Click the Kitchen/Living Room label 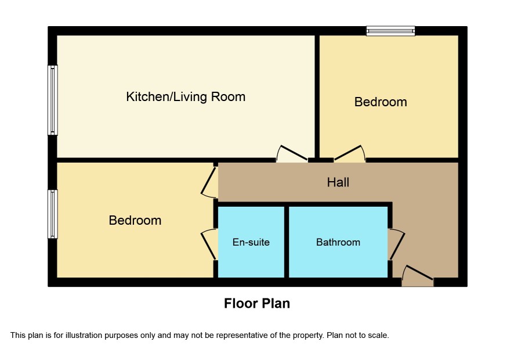pyautogui.click(x=186, y=97)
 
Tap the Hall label pyautogui.click(x=338, y=182)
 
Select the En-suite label pyautogui.click(x=251, y=242)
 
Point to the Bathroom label pyautogui.click(x=338, y=242)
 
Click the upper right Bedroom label pyautogui.click(x=381, y=102)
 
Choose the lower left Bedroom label pyautogui.click(x=135, y=220)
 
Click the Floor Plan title pyautogui.click(x=257, y=304)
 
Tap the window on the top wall pyautogui.click(x=391, y=31)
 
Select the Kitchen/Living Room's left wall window pyautogui.click(x=52, y=100)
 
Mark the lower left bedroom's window pyautogui.click(x=52, y=214)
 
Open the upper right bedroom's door pyautogui.click(x=349, y=154)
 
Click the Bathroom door pyautogui.click(x=397, y=244)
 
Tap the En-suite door pyautogui.click(x=209, y=244)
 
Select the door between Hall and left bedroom pyautogui.click(x=209, y=183)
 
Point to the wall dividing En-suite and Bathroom pyautogui.click(x=287, y=242)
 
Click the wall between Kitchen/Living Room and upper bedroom pyautogui.click(x=317, y=96)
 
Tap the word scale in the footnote pyautogui.click(x=379, y=336)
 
